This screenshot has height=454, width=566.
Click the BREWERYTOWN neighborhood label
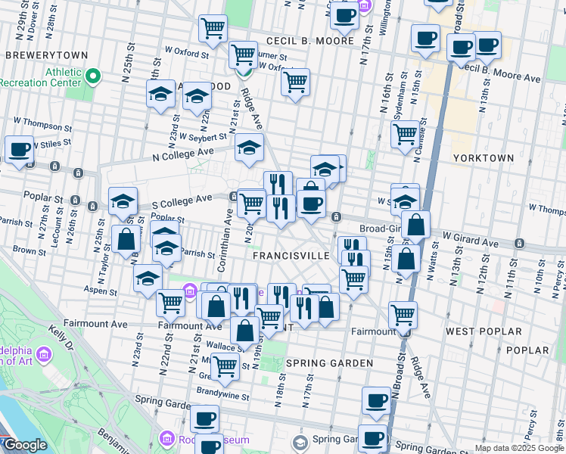pos(46,55)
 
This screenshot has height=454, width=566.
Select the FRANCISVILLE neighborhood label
pos(291,256)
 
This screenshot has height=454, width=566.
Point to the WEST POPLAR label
pos(484,331)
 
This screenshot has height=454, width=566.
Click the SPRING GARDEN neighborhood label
pos(329,363)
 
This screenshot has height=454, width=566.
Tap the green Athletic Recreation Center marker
pos(92,76)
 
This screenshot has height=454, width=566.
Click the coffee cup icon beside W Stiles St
pos(19,150)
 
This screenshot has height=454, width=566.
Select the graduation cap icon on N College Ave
pos(248,149)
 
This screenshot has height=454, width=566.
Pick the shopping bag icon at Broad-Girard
pos(415,225)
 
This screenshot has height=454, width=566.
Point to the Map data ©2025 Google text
pos(519,448)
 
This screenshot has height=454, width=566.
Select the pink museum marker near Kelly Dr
pos(43,354)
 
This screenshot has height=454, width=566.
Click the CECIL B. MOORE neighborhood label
pos(309,41)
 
